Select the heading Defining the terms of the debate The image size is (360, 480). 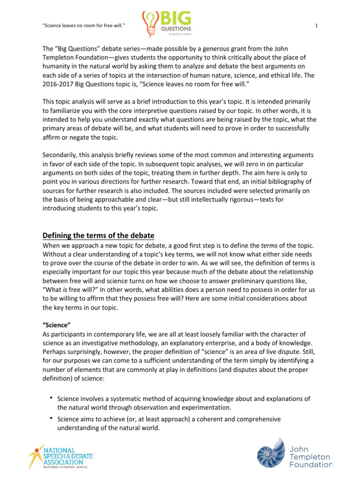(x=98, y=235)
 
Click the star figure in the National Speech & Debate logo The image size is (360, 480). (x=35, y=454)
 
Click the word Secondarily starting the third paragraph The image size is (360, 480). (x=60, y=155)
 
